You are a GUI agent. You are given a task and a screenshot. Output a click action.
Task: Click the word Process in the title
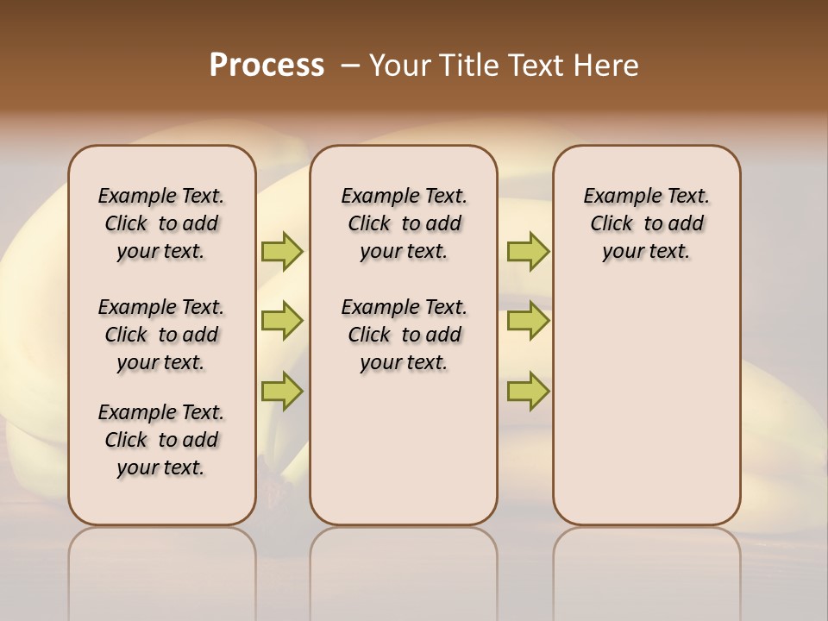click(x=267, y=65)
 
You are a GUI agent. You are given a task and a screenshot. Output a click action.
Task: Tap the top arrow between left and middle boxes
click(x=282, y=251)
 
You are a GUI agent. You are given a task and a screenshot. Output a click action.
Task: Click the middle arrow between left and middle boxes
click(x=282, y=321)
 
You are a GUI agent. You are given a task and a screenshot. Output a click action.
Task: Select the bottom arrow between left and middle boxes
click(x=282, y=391)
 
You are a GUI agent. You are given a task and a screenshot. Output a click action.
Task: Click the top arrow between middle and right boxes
click(x=528, y=251)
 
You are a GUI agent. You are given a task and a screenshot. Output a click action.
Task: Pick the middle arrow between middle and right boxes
click(x=528, y=321)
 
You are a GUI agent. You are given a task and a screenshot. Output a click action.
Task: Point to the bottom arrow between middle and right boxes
click(x=528, y=391)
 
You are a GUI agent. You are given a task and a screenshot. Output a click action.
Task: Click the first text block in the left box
click(x=161, y=223)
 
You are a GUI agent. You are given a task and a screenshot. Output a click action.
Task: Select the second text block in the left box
click(x=161, y=335)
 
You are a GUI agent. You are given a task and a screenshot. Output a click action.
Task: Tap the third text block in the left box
click(x=161, y=440)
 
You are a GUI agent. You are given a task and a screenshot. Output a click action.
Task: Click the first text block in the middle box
click(x=404, y=223)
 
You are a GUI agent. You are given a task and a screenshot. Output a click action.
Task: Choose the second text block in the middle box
click(x=404, y=335)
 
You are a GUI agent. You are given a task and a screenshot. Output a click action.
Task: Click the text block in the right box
click(x=646, y=223)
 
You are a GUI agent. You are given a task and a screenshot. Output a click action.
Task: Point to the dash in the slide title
click(x=350, y=66)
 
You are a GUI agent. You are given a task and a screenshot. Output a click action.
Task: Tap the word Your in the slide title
click(x=399, y=65)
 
